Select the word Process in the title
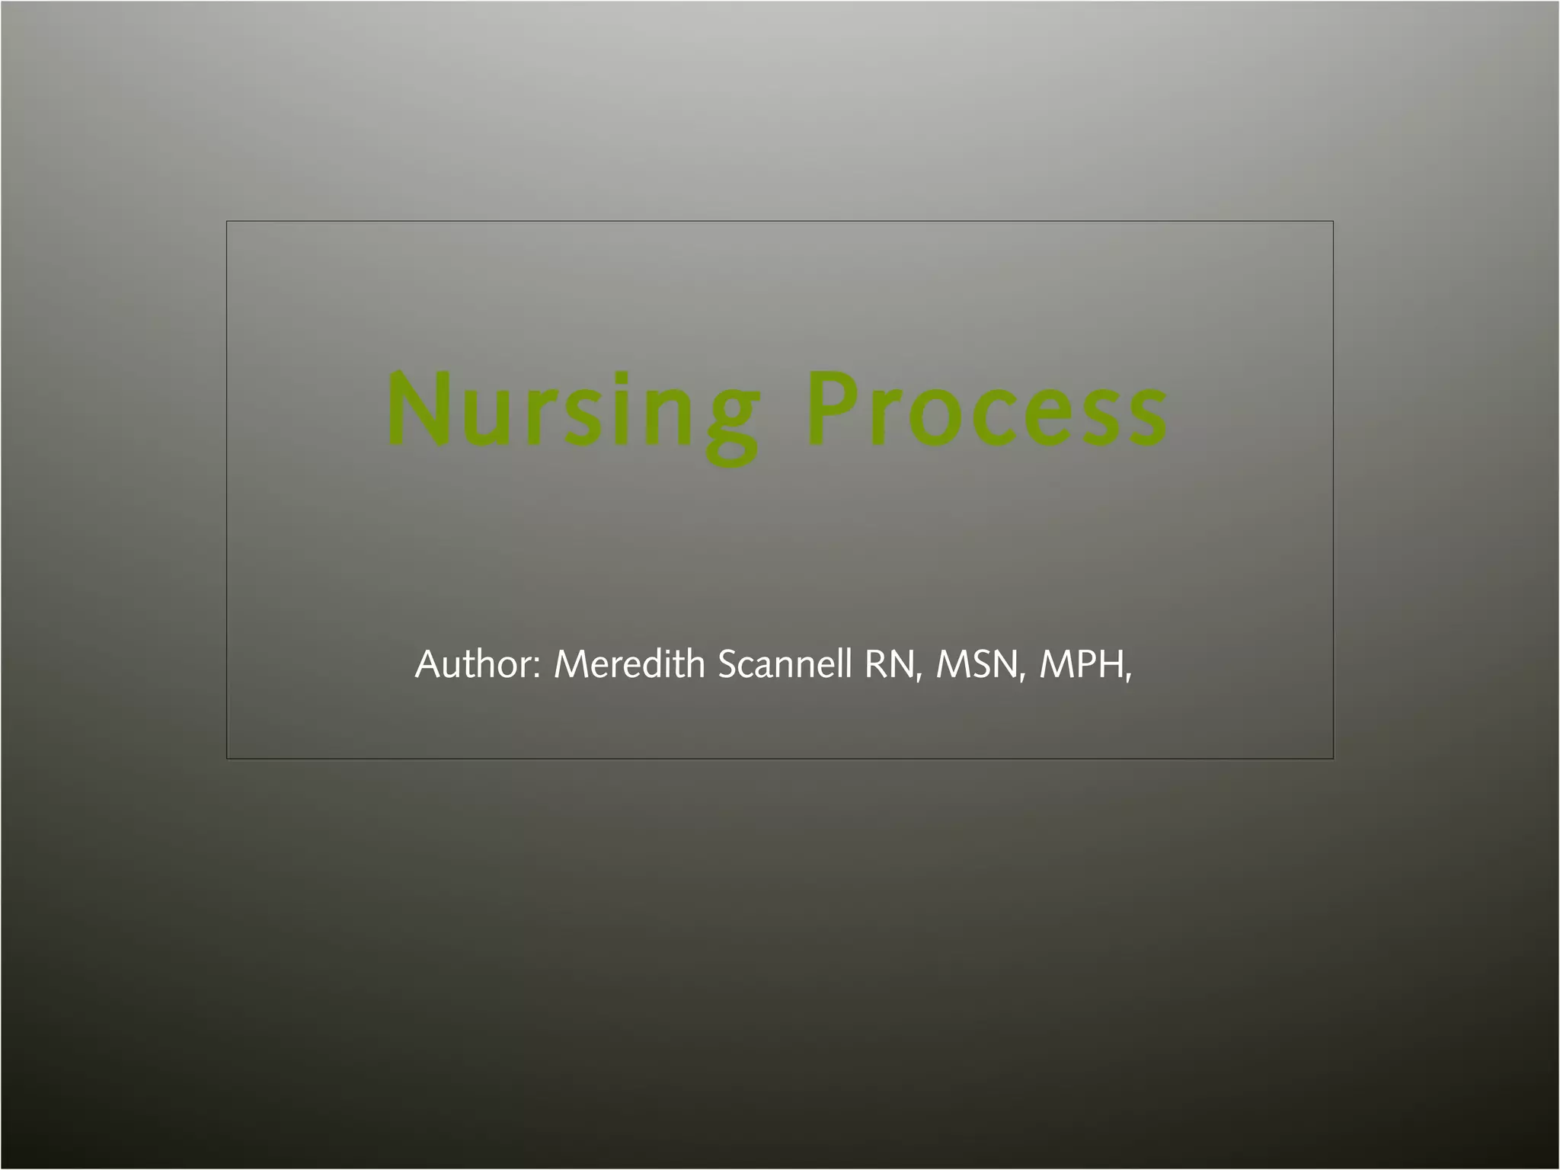pos(987,411)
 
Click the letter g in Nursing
pos(731,424)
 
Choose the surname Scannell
pos(785,664)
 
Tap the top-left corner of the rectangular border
pos(227,222)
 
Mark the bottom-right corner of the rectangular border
pos(1333,758)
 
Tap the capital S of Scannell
pos(728,664)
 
